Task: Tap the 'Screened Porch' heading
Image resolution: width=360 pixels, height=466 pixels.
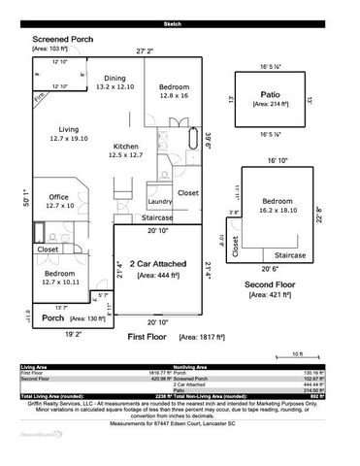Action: coord(56,38)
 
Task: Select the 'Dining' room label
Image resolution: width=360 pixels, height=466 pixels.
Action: coord(115,78)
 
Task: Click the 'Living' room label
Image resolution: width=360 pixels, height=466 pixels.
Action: coord(68,128)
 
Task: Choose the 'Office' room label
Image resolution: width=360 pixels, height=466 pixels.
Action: coord(58,197)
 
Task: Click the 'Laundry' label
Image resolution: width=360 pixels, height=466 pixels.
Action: coord(160,201)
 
